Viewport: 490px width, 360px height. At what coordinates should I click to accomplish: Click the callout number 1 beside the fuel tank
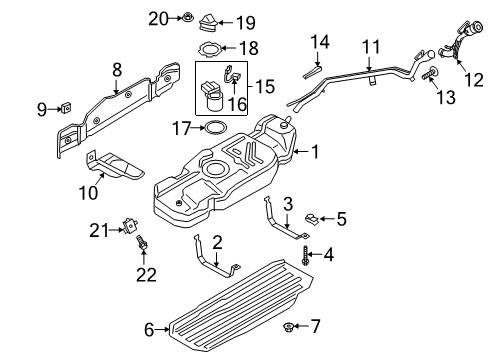[x=315, y=153]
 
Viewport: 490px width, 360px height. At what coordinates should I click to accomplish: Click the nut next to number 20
[x=187, y=17]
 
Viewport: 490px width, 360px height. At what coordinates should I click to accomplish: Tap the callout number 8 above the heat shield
[x=117, y=70]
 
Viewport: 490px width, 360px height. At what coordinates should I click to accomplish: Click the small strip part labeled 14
[x=311, y=69]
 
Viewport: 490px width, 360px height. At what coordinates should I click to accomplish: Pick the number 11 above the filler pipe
[x=371, y=46]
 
